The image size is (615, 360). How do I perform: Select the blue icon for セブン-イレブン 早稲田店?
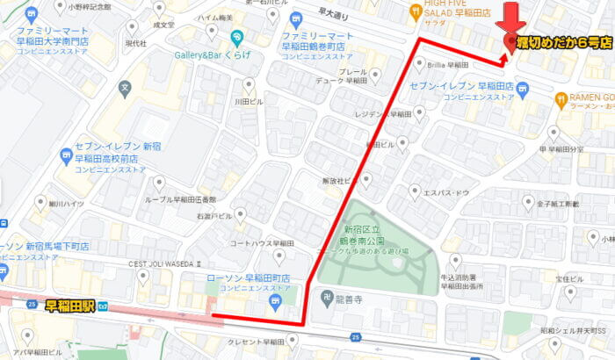click(x=524, y=89)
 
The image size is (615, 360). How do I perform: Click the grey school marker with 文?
click(x=126, y=89)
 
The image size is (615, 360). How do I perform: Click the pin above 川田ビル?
click(x=249, y=85)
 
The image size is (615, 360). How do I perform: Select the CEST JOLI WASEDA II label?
click(x=166, y=263)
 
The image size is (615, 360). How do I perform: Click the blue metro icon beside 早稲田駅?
click(x=103, y=306)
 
